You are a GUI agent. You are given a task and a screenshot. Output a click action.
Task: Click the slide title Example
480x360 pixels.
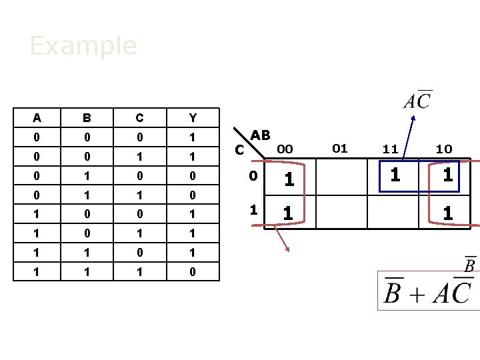83,46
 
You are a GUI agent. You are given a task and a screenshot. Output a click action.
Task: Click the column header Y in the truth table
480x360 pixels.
193,118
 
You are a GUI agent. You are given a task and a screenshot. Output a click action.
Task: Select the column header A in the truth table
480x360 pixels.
37,118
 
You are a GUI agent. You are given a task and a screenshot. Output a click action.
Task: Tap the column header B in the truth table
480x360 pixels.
87,118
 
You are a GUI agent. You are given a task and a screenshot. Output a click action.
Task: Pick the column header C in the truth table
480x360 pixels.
139,118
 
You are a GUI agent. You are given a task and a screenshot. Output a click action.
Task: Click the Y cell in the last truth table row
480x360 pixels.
193,271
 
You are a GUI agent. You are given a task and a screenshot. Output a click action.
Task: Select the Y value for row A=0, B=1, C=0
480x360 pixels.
193,176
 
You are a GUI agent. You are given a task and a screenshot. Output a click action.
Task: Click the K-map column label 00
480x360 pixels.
285,149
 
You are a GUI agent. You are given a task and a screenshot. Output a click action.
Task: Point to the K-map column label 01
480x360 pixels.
340,148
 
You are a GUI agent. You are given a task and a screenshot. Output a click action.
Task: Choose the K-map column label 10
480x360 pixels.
444,149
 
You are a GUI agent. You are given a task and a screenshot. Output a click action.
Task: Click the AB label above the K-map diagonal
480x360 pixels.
260,135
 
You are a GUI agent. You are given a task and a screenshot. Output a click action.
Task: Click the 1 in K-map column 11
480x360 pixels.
396,176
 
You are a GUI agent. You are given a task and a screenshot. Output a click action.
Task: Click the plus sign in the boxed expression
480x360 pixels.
417,294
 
